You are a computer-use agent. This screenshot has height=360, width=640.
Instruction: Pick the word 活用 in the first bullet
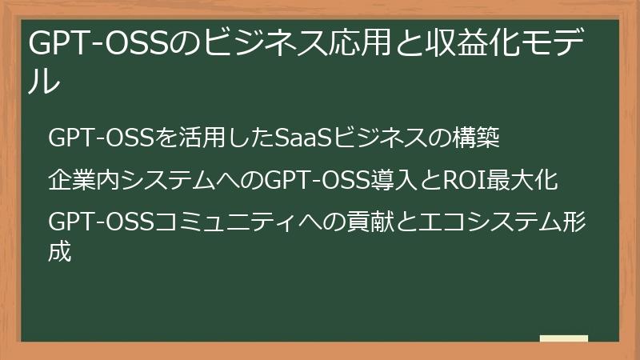tap(198, 139)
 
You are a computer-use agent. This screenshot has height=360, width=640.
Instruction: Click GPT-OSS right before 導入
tap(316, 180)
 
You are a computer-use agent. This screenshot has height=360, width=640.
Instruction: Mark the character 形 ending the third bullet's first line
tap(574, 220)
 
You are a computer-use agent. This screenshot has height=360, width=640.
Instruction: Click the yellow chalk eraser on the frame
tap(564, 338)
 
